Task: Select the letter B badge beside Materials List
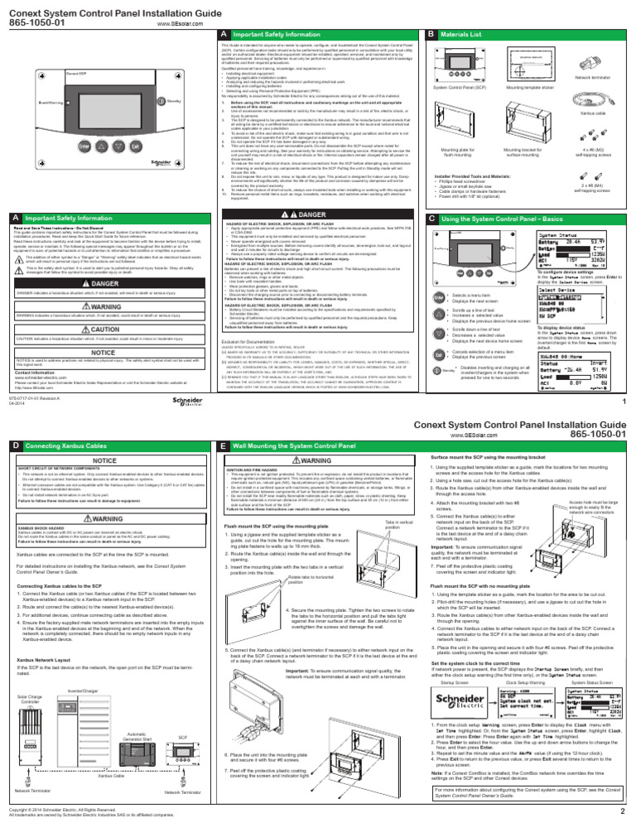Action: click(x=431, y=34)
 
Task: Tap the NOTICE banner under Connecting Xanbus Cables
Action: click(x=104, y=458)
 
